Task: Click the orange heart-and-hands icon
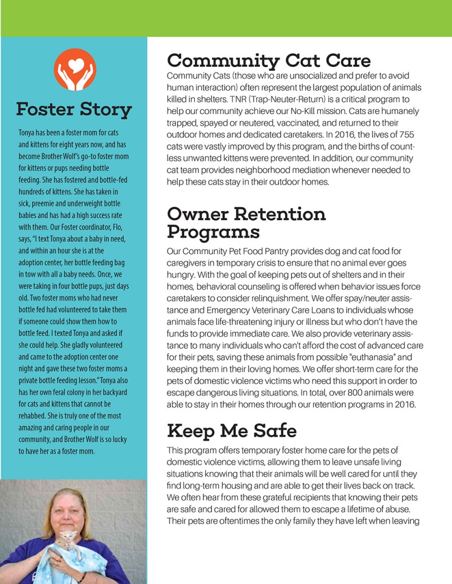tap(74, 70)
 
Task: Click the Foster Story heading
tap(74, 108)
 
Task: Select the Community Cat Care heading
tap(269, 61)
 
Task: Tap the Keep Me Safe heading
tap(232, 429)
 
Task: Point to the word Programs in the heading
tap(213, 232)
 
